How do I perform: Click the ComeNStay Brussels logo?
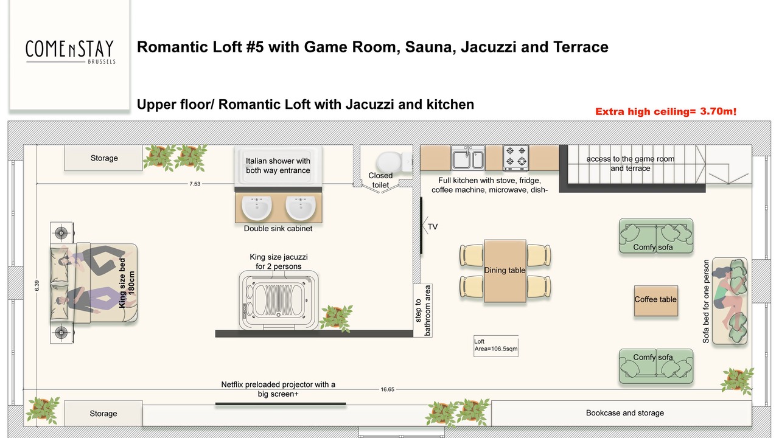pos(70,52)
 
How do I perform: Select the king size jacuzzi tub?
pos(279,301)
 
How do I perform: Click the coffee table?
pos(656,301)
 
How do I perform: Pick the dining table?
pos(505,271)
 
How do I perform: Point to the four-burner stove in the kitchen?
pos(515,158)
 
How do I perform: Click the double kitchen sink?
pos(468,158)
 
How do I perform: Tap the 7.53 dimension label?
pos(195,184)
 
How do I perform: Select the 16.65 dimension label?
pos(388,389)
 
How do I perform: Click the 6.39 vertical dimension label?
pos(37,286)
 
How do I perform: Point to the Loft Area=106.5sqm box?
pos(496,346)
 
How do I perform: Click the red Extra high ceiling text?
pos(666,111)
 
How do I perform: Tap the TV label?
pos(433,227)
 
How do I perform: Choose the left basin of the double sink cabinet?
pos(257,207)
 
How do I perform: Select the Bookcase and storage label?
pos(625,413)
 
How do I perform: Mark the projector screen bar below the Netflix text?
pos(281,403)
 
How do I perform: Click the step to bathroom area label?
pos(423,310)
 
